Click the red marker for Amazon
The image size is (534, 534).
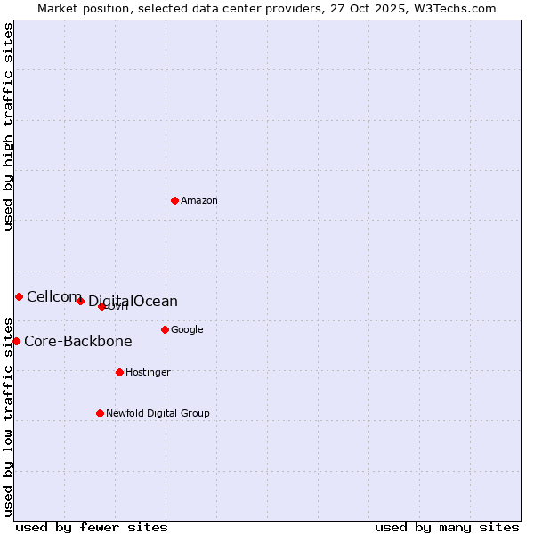click(174, 200)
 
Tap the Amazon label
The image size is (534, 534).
click(199, 201)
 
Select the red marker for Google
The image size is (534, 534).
click(165, 329)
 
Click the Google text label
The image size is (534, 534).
click(187, 330)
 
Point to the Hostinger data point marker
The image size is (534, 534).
click(119, 372)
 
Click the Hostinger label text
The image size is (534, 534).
click(148, 373)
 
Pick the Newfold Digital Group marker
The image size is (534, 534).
click(100, 413)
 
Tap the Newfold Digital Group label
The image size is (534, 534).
click(158, 414)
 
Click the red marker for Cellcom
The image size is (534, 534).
click(19, 296)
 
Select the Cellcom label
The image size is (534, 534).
click(53, 297)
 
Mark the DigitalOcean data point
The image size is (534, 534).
click(80, 301)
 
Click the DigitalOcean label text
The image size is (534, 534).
click(133, 302)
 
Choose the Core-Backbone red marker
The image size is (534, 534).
click(16, 341)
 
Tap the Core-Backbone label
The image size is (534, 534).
click(78, 342)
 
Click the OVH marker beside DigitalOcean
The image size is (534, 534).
click(101, 306)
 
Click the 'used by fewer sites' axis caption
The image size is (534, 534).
click(92, 527)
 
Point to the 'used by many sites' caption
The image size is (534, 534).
click(447, 527)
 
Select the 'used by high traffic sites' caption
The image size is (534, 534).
click(8, 126)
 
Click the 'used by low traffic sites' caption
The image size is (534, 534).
click(8, 416)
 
